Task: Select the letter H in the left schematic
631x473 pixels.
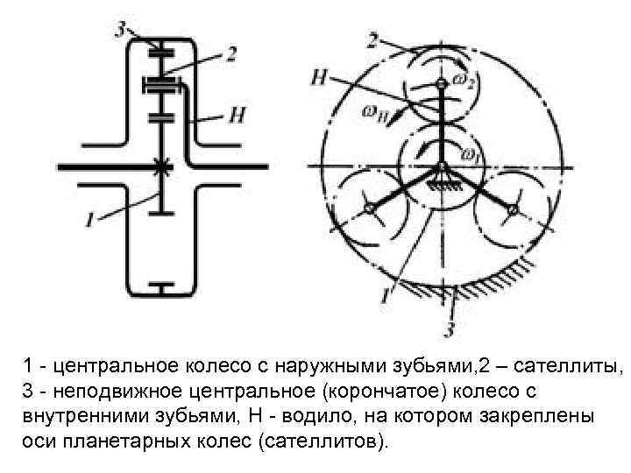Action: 235,114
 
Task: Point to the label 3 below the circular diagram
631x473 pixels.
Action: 450,330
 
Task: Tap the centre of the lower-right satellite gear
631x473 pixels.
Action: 514,208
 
